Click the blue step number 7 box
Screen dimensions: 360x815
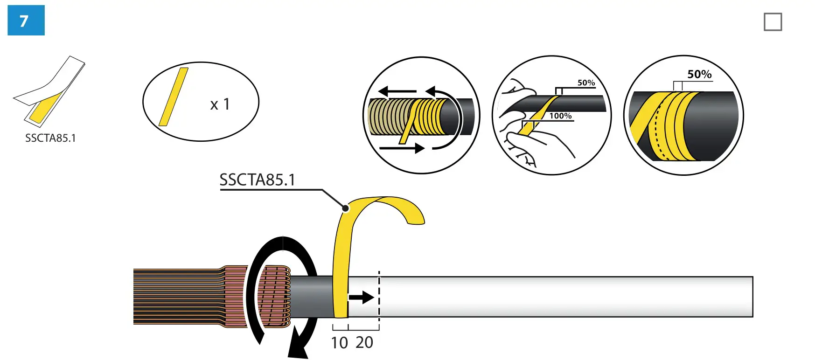(x=26, y=21)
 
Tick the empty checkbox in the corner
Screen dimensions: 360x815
(x=773, y=22)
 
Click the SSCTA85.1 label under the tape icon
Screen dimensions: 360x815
(x=50, y=138)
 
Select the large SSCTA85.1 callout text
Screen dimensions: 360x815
(x=257, y=180)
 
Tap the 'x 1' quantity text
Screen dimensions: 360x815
(x=220, y=104)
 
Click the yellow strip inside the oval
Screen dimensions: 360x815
(x=174, y=97)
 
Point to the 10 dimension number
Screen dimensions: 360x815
(x=339, y=343)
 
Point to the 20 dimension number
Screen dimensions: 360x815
(x=364, y=342)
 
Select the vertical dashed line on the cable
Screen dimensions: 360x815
(x=379, y=298)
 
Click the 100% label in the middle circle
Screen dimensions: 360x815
(x=560, y=116)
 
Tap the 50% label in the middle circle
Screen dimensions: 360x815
(x=586, y=83)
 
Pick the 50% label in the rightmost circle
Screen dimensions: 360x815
(x=699, y=74)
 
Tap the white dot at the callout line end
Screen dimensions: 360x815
(x=345, y=208)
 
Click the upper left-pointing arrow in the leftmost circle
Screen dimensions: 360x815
(x=397, y=91)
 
